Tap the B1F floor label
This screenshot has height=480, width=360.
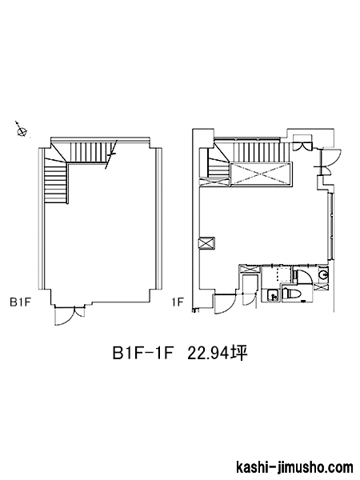(x=21, y=302)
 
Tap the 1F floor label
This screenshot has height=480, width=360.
(x=178, y=302)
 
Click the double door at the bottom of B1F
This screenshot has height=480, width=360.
(x=69, y=314)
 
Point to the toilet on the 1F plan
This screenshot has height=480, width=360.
(x=290, y=294)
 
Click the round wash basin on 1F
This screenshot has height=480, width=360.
(x=322, y=274)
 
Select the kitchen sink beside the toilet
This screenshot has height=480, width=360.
(x=272, y=296)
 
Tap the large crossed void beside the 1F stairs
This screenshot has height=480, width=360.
(x=261, y=174)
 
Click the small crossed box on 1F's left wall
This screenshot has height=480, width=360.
(x=207, y=244)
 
